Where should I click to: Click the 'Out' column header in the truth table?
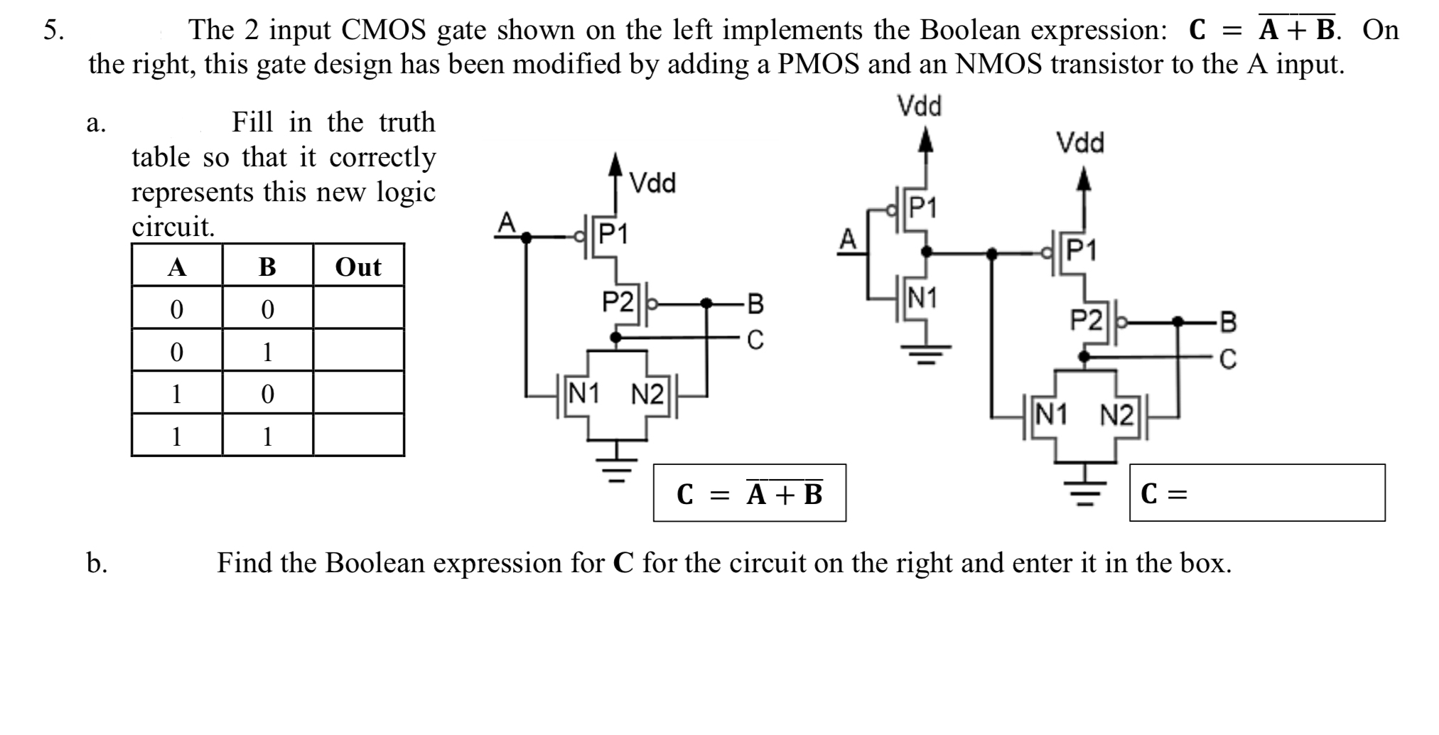click(358, 267)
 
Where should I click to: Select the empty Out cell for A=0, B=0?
click(358, 309)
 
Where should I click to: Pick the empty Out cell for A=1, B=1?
click(358, 435)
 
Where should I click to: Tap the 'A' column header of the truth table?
click(176, 267)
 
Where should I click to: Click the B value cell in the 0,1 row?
click(267, 351)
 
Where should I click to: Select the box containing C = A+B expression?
click(749, 493)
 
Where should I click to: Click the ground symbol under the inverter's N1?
click(925, 351)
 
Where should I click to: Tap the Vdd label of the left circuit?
click(653, 183)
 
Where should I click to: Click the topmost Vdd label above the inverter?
click(920, 107)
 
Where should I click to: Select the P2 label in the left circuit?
click(617, 302)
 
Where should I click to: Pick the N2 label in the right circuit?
click(1117, 414)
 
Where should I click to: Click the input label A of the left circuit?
click(505, 222)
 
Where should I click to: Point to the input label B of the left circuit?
click(755, 304)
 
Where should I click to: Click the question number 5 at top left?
click(52, 30)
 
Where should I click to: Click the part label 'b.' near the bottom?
click(97, 563)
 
